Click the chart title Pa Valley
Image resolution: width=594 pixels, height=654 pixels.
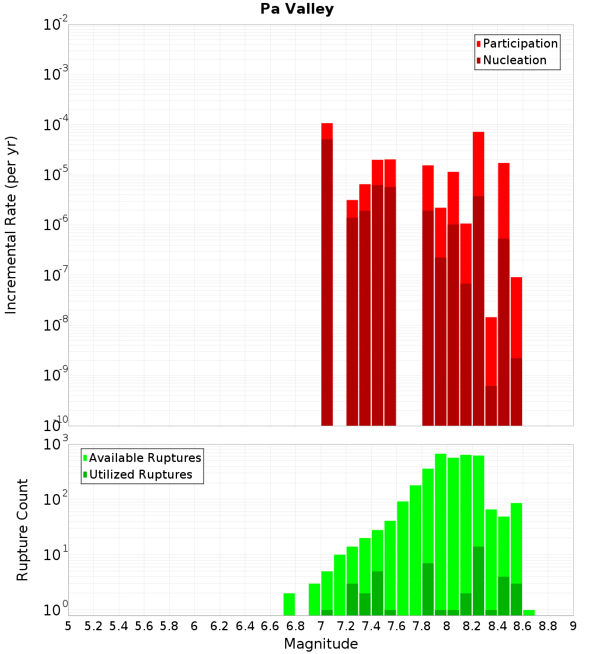point(297,9)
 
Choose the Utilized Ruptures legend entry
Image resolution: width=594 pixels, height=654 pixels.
point(140,474)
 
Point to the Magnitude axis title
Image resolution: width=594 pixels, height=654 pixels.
point(321,644)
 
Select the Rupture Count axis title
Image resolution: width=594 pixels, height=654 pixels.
point(23,530)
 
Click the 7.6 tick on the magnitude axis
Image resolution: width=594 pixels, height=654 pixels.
point(396,626)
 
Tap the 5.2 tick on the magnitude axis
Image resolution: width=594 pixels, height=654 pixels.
point(93,626)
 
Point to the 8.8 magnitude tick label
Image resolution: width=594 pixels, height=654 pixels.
point(548,626)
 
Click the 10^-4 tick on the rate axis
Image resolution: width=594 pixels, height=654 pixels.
point(56,125)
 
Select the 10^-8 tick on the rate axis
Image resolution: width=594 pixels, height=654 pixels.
point(56,325)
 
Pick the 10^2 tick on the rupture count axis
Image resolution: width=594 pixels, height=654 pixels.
point(56,499)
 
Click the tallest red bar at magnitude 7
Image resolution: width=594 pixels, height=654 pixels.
point(327,273)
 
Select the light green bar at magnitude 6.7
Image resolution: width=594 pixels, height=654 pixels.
point(289,604)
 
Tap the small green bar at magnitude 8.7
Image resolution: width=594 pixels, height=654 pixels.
point(529,612)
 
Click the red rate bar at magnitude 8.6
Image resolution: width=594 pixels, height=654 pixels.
point(516,351)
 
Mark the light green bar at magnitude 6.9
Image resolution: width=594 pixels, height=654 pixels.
point(314,599)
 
